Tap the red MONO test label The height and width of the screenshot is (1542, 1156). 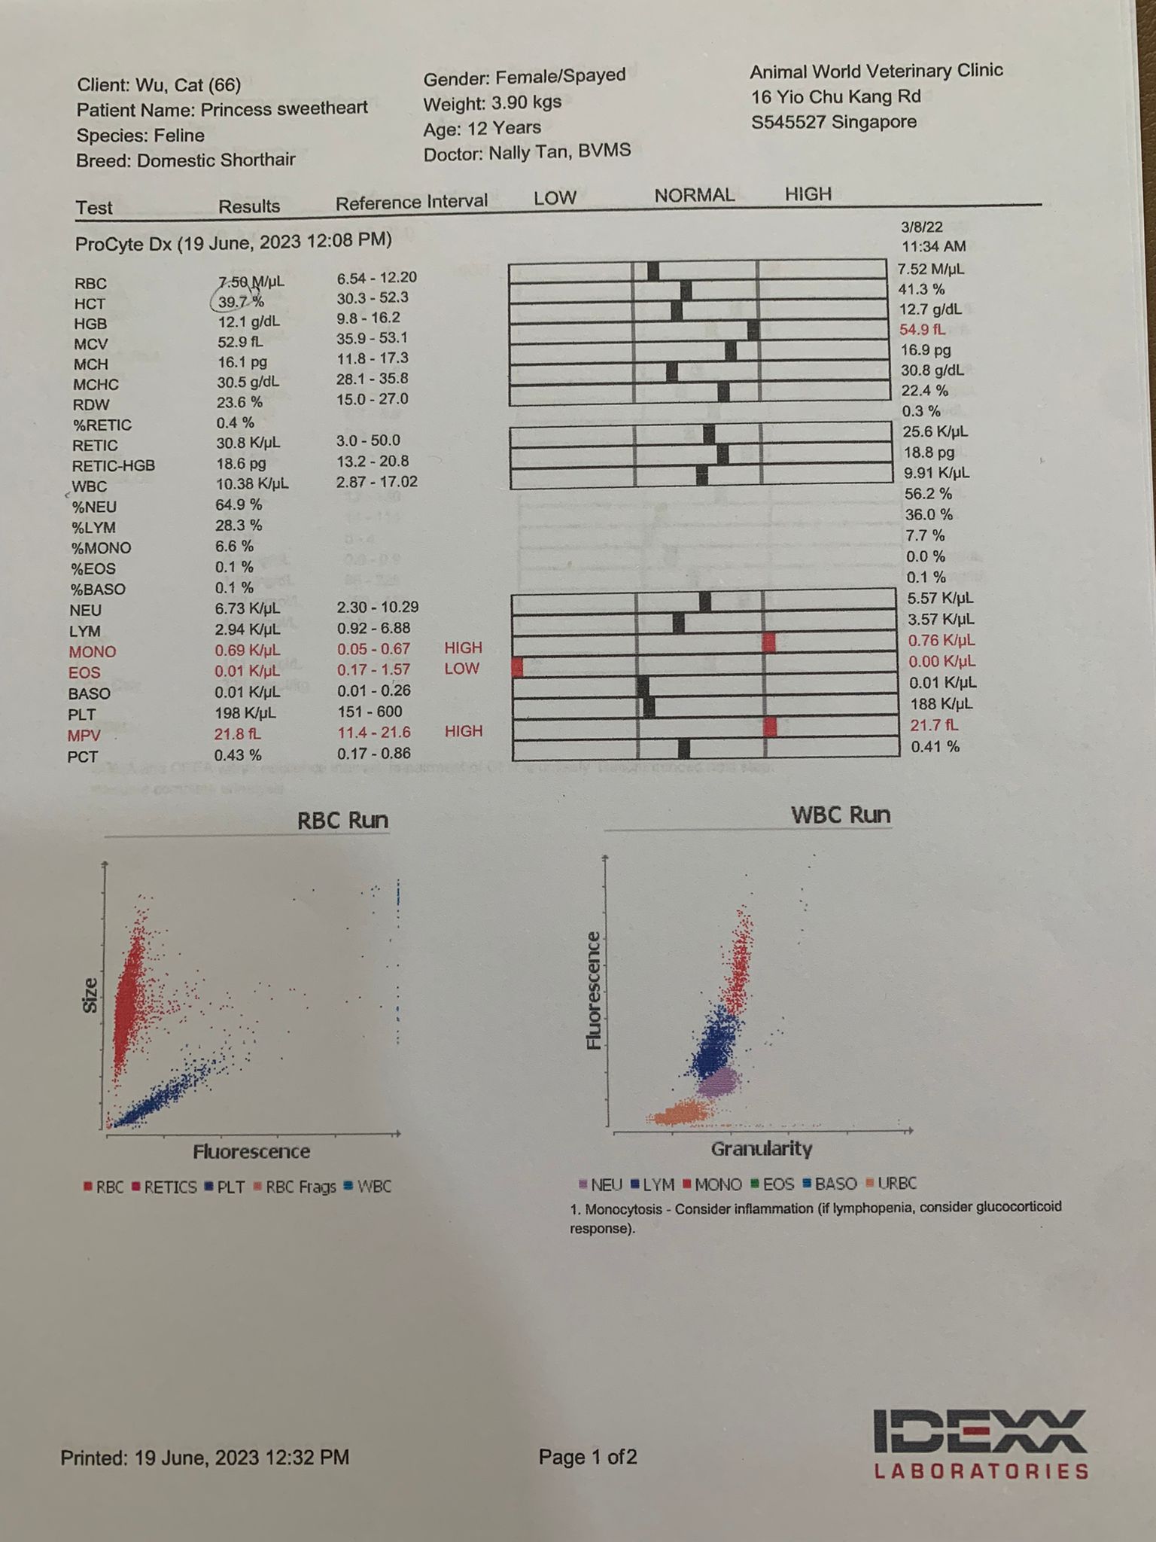[x=93, y=651]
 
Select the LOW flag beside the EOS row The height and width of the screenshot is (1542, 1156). [x=461, y=669]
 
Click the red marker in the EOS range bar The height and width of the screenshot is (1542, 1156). [x=517, y=666]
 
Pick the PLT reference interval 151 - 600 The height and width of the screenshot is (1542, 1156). [x=369, y=712]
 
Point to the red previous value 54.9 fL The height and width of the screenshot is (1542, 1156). [x=923, y=330]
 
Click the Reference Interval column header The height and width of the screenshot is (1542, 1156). [x=411, y=203]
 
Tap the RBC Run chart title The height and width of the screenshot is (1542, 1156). [x=342, y=820]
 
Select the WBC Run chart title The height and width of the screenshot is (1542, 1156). [x=841, y=815]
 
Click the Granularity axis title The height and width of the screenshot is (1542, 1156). [x=761, y=1149]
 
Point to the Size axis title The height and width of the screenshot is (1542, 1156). [x=90, y=995]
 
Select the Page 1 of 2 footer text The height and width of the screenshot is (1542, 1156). [x=587, y=1458]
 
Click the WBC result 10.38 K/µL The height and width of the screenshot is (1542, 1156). [x=252, y=483]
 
